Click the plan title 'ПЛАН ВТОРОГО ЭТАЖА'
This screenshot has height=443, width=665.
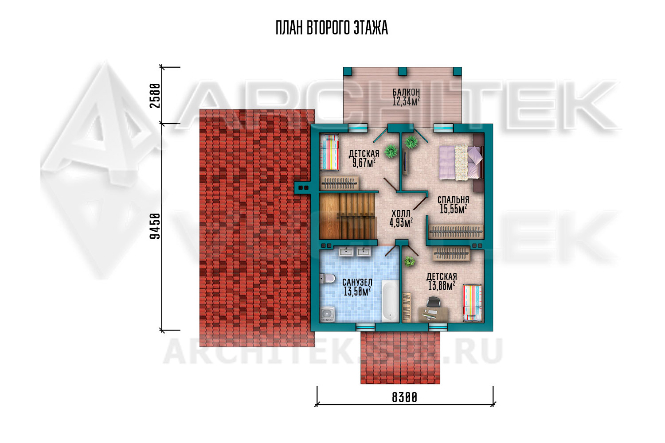click(332, 28)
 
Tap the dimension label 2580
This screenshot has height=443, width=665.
click(155, 96)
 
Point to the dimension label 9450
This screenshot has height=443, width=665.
click(155, 226)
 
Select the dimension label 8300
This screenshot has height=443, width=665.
click(404, 397)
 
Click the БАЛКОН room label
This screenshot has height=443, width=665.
click(406, 92)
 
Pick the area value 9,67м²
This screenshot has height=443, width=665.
click(364, 163)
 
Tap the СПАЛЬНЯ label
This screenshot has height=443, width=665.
click(454, 200)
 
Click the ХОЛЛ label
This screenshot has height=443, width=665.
click(401, 214)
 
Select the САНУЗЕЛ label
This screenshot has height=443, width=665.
click(357, 282)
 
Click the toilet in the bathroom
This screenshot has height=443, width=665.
click(327, 278)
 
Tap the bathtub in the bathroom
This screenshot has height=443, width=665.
click(390, 301)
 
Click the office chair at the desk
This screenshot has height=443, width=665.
click(432, 302)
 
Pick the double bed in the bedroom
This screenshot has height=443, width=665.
click(461, 162)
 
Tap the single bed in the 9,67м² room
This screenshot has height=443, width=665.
click(329, 152)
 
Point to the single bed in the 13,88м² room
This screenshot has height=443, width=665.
click(473, 303)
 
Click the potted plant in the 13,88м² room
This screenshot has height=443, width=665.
click(410, 261)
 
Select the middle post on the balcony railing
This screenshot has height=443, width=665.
click(402, 71)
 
